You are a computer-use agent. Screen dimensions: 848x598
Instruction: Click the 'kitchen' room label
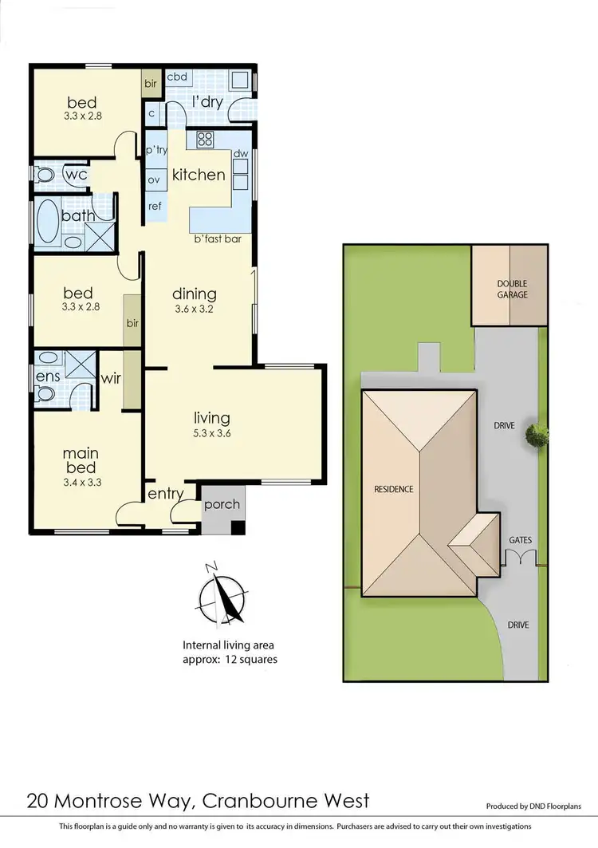[199, 175]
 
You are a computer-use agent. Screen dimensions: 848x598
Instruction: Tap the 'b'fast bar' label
[218, 239]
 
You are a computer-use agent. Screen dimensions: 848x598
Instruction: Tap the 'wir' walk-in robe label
[111, 378]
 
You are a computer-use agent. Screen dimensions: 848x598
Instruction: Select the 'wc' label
[76, 173]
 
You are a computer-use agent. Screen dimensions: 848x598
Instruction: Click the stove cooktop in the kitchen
[204, 140]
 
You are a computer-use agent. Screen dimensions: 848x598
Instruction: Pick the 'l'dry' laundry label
[207, 101]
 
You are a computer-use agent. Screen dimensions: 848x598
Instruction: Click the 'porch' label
[222, 504]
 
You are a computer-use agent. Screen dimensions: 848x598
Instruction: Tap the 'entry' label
[166, 495]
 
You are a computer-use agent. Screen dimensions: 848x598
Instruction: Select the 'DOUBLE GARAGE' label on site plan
[512, 289]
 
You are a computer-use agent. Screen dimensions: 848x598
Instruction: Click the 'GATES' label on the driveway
[520, 540]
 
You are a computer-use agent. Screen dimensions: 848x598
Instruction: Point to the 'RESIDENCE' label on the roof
[394, 489]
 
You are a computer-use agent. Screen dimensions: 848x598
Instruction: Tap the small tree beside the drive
[537, 435]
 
